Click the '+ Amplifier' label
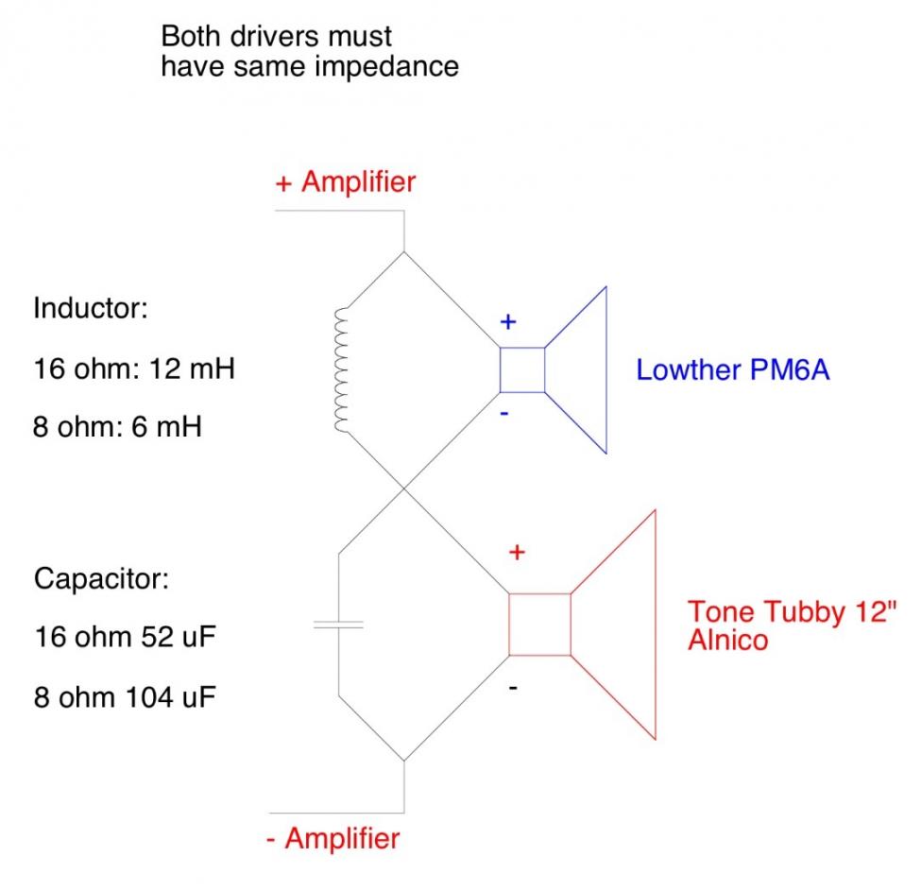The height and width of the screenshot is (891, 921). [345, 181]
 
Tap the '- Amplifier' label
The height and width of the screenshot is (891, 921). [332, 838]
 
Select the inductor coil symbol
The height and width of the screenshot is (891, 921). [343, 369]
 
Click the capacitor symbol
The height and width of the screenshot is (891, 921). [338, 625]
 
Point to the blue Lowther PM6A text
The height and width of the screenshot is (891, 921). [733, 369]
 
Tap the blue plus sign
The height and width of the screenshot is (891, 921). [508, 322]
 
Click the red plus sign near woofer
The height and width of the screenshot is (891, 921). [517, 553]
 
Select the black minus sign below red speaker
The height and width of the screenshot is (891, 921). [513, 688]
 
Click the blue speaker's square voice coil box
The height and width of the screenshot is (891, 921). [522, 369]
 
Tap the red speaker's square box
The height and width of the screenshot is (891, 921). [540, 625]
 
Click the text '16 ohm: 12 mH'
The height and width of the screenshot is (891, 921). [133, 368]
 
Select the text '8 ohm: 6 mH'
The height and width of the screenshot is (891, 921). [117, 427]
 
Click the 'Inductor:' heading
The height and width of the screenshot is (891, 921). [90, 310]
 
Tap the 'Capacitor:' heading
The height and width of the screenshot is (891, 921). [101, 577]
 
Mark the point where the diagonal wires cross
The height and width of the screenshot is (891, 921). [404, 488]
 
